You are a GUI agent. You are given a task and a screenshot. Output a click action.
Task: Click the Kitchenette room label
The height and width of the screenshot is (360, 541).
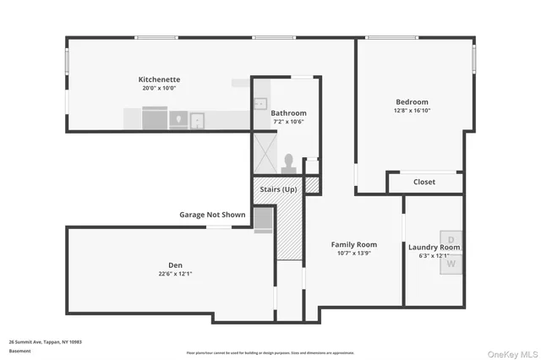(160, 79)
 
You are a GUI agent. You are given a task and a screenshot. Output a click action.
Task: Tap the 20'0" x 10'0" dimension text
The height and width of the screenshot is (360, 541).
(160, 88)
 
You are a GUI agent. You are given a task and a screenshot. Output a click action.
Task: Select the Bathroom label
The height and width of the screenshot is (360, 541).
(288, 113)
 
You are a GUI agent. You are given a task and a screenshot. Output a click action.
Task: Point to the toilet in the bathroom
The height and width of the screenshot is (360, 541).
(288, 161)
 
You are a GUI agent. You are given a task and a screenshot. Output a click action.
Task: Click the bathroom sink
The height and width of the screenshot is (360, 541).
(260, 105)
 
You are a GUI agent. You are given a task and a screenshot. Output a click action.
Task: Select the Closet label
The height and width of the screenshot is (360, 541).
(424, 183)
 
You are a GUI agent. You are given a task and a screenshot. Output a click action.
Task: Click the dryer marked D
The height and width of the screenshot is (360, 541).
(451, 241)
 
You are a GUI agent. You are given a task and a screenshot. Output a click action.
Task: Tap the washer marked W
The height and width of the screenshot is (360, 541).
(451, 264)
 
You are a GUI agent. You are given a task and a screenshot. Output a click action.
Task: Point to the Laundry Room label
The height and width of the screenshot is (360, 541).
(434, 248)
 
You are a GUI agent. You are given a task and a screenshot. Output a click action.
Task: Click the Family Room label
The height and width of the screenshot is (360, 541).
(353, 244)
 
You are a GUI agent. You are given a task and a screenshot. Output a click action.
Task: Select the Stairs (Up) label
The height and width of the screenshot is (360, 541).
(278, 189)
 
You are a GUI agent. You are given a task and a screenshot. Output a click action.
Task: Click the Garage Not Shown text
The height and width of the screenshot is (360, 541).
(212, 215)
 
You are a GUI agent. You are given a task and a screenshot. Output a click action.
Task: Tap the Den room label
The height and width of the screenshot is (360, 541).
(175, 265)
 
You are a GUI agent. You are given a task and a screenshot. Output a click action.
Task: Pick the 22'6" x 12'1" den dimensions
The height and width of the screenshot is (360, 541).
(175, 273)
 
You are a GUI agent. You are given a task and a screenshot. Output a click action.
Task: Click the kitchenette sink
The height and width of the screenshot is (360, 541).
(195, 119)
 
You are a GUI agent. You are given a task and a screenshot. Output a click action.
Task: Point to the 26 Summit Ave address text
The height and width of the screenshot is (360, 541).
(45, 341)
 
